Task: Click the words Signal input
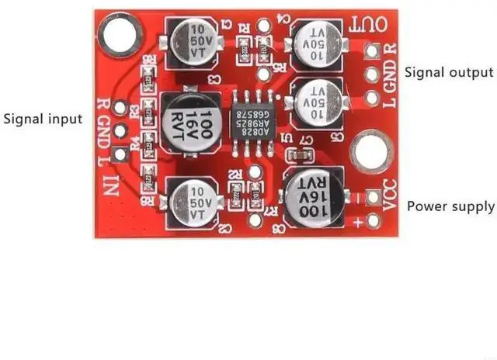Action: tap(43, 119)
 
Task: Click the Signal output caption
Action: tap(449, 72)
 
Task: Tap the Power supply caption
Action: tap(450, 206)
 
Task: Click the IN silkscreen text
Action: tap(113, 185)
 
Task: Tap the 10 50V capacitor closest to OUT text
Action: tap(313, 40)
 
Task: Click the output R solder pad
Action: tap(372, 51)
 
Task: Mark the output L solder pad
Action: tap(372, 99)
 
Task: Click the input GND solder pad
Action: tap(120, 130)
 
